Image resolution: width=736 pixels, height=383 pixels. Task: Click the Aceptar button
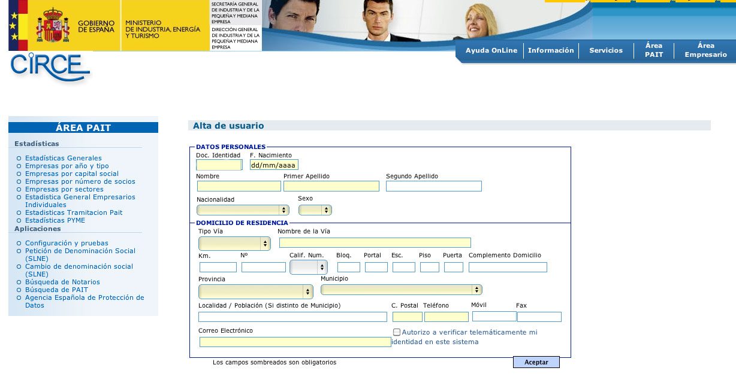pos(536,362)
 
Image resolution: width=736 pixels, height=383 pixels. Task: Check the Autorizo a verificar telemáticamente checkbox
pos(397,332)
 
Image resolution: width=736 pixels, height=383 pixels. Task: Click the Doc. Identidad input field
pos(219,165)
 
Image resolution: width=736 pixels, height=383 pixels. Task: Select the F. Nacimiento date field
pos(274,165)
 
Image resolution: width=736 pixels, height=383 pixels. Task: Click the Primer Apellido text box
pos(331,186)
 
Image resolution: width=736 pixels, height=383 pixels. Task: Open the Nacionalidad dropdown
pos(243,210)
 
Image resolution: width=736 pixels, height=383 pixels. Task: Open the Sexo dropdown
pos(315,210)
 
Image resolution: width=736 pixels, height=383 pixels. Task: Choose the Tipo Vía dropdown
pos(234,244)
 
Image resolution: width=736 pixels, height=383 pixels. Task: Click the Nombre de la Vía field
pos(375,242)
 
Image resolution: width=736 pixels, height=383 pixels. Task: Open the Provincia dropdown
pos(255,291)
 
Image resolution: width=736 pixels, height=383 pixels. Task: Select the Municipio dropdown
pos(401,290)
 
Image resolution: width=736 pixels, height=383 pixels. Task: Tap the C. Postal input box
pos(407,317)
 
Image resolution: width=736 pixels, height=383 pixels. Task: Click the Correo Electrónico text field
pos(295,342)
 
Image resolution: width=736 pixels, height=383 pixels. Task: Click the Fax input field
pos(539,317)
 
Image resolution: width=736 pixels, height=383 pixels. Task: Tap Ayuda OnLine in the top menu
pos(491,50)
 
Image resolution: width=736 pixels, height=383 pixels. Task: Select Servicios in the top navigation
pos(605,50)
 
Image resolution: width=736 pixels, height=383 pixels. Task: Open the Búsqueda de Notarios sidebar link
pos(62,282)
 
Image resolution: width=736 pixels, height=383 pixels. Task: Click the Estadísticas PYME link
pos(55,220)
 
